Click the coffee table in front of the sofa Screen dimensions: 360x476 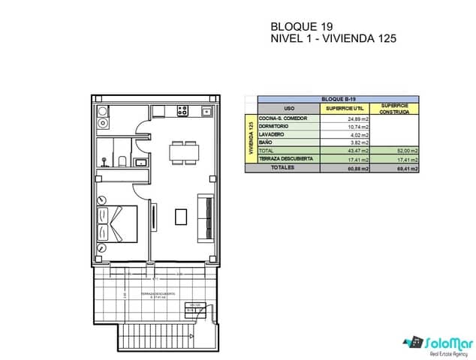(x=181, y=216)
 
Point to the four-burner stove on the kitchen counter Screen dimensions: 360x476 (x=182, y=112)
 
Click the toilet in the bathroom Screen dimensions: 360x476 (x=120, y=159)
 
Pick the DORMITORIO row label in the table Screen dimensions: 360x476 (x=274, y=126)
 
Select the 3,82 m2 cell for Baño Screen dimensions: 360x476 (x=359, y=142)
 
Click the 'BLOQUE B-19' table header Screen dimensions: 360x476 (x=338, y=99)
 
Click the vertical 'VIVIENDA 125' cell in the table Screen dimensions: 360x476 (x=251, y=137)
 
